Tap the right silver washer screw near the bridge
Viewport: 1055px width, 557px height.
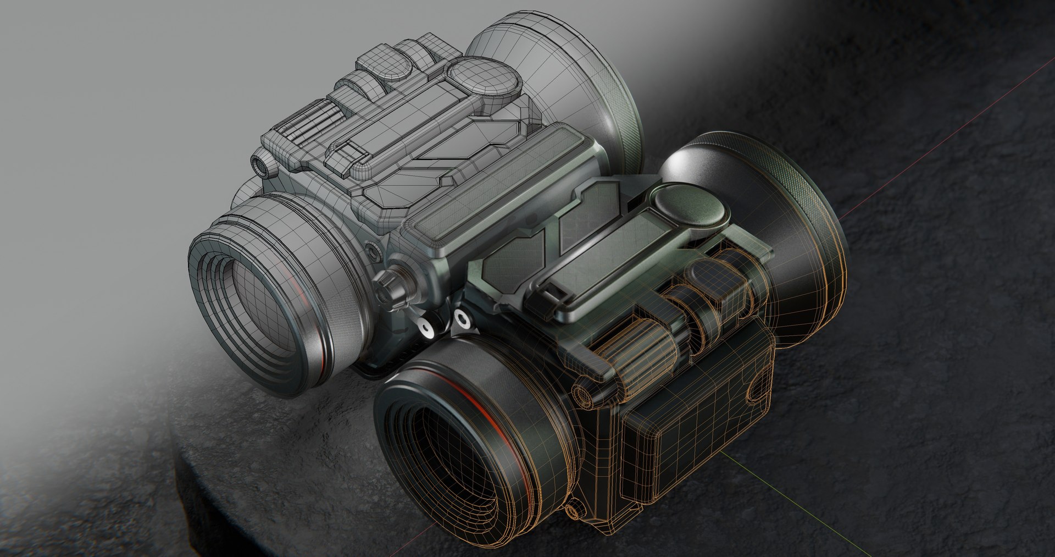tap(460, 318)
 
